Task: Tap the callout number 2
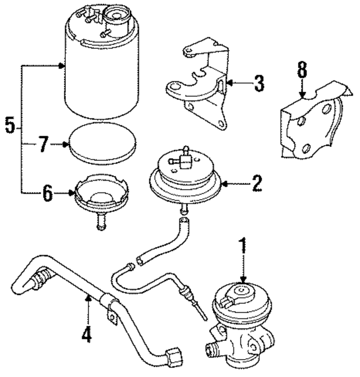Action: coord(256,183)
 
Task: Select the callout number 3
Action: coord(258,84)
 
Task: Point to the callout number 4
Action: coord(86,335)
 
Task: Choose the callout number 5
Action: coord(10,125)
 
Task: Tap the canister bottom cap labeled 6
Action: coord(101,197)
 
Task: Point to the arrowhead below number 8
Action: coord(302,96)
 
